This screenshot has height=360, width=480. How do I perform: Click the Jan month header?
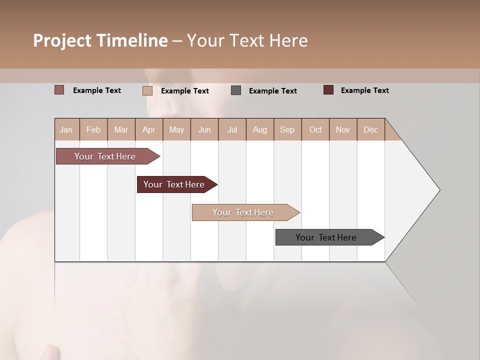click(66, 129)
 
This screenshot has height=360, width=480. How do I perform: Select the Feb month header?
click(93, 129)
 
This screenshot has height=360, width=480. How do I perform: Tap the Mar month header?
click(121, 129)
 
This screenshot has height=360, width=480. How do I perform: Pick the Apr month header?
click(148, 129)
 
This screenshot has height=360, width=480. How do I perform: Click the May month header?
click(176, 129)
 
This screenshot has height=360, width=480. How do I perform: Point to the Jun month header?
click(204, 129)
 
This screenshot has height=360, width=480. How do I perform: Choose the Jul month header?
click(232, 129)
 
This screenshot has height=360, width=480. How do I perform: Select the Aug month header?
click(259, 129)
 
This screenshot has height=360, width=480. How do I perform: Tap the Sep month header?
click(287, 129)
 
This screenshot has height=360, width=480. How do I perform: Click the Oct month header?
click(315, 129)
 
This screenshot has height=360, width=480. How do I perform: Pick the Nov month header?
click(342, 129)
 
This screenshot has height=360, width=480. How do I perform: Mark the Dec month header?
click(370, 129)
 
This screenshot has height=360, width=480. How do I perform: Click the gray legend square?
click(236, 90)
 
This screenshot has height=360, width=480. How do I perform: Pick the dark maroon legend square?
click(328, 90)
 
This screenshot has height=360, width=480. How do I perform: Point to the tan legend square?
click(147, 90)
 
